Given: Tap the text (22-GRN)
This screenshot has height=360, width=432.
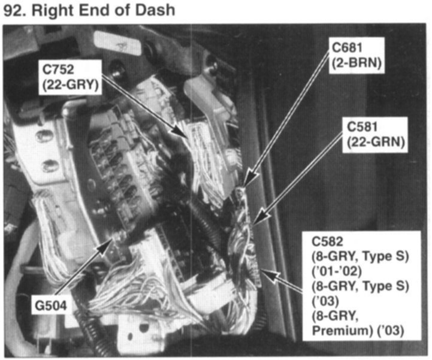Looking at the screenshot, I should point(373,143).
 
